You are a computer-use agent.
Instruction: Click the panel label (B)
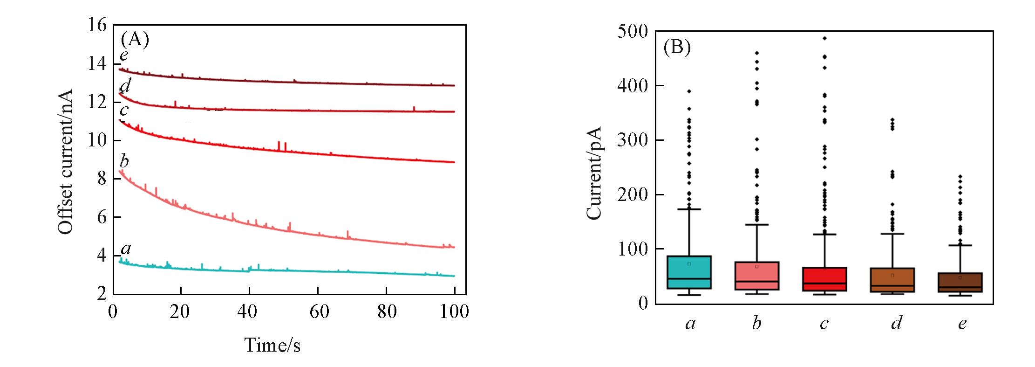pos(677,48)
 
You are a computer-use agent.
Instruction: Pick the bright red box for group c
pos(824,279)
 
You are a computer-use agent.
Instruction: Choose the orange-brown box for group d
pos(892,280)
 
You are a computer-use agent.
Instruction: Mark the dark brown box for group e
pos(959,282)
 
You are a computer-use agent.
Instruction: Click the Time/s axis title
pos(272,345)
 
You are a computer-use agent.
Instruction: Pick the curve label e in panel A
pos(124,55)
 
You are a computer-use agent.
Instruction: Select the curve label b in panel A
pos(124,161)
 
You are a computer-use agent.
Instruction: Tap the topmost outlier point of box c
pos(824,38)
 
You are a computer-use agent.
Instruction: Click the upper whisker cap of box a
pos(691,209)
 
